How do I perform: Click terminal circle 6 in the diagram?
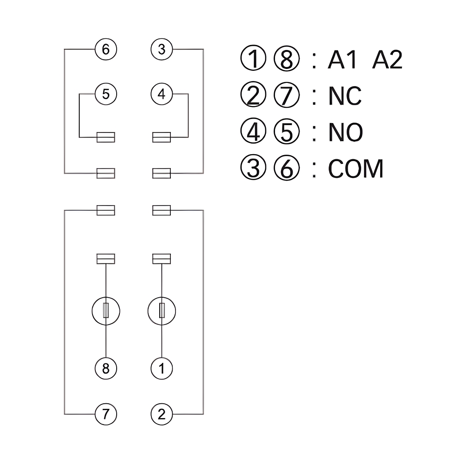tap(106, 49)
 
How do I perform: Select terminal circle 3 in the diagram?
tap(162, 49)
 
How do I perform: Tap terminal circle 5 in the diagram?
tap(106, 94)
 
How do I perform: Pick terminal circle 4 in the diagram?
tap(162, 94)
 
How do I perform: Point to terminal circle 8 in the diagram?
tap(106, 369)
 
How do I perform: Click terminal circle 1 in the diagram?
tap(162, 369)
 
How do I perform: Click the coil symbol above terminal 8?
tap(106, 310)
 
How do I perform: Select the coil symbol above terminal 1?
tap(162, 310)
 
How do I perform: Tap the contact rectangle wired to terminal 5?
tap(106, 137)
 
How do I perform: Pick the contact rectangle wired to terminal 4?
tap(162, 137)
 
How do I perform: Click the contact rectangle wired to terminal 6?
tap(106, 173)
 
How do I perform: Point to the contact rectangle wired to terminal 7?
tap(106, 210)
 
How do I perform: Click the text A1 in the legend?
tap(343, 60)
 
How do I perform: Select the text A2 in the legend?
tap(387, 60)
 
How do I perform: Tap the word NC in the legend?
tap(345, 96)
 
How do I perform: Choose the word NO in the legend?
tap(345, 132)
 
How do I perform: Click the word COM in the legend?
tap(356, 169)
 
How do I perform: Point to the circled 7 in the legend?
tap(287, 96)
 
